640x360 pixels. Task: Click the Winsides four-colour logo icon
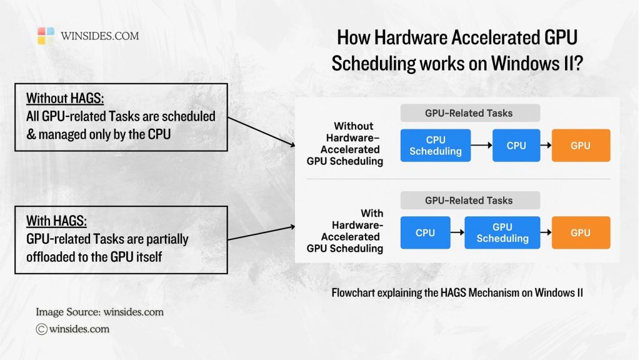click(46, 36)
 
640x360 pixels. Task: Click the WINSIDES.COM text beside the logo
click(99, 36)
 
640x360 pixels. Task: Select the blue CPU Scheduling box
click(435, 146)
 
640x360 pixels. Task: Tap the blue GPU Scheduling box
click(502, 232)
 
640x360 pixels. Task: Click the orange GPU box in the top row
click(580, 146)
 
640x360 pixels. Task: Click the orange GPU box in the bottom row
click(580, 232)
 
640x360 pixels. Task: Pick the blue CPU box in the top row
click(516, 146)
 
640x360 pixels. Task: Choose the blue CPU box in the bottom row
click(425, 232)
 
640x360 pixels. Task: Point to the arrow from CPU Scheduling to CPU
click(481, 146)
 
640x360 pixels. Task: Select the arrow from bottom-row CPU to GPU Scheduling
click(457, 232)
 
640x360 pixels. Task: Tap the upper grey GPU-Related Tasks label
click(469, 113)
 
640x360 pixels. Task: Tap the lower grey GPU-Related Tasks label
click(469, 201)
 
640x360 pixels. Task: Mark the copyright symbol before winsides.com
click(42, 329)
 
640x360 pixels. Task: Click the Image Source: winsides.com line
click(99, 312)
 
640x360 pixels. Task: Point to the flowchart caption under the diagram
click(457, 292)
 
